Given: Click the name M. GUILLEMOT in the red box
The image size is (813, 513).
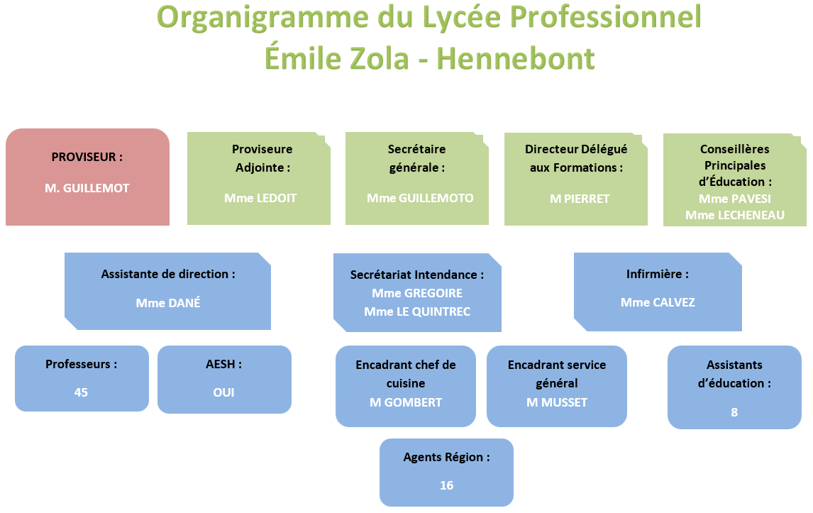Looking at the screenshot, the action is (87, 188).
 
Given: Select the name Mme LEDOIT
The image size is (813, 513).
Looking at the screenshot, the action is (260, 198).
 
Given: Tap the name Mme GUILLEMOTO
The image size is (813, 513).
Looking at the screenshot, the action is (420, 198).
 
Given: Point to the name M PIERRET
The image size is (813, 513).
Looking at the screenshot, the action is (580, 199).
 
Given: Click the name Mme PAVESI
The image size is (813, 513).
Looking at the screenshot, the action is (735, 199).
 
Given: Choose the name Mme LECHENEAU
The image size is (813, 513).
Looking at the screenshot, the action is (735, 215).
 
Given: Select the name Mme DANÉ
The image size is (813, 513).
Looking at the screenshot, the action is (168, 302).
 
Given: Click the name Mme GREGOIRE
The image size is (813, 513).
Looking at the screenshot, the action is (417, 293).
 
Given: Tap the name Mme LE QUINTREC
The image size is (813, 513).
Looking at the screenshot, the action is (417, 311).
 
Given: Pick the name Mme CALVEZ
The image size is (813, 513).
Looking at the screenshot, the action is (658, 302).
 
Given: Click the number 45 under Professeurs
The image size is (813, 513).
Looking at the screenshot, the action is (81, 392).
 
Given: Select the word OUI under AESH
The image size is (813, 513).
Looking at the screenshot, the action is (223, 392).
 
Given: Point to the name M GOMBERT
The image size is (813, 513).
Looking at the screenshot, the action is (406, 402).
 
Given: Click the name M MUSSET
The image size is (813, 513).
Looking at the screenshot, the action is (557, 402).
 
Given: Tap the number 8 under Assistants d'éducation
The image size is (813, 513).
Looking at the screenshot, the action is (734, 412).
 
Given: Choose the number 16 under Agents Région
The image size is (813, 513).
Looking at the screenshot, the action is (446, 485).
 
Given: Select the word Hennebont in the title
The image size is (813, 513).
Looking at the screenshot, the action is (515, 58).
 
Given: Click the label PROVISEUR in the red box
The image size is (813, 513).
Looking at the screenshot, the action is (84, 157).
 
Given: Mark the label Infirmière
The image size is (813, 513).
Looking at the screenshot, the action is (654, 273).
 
